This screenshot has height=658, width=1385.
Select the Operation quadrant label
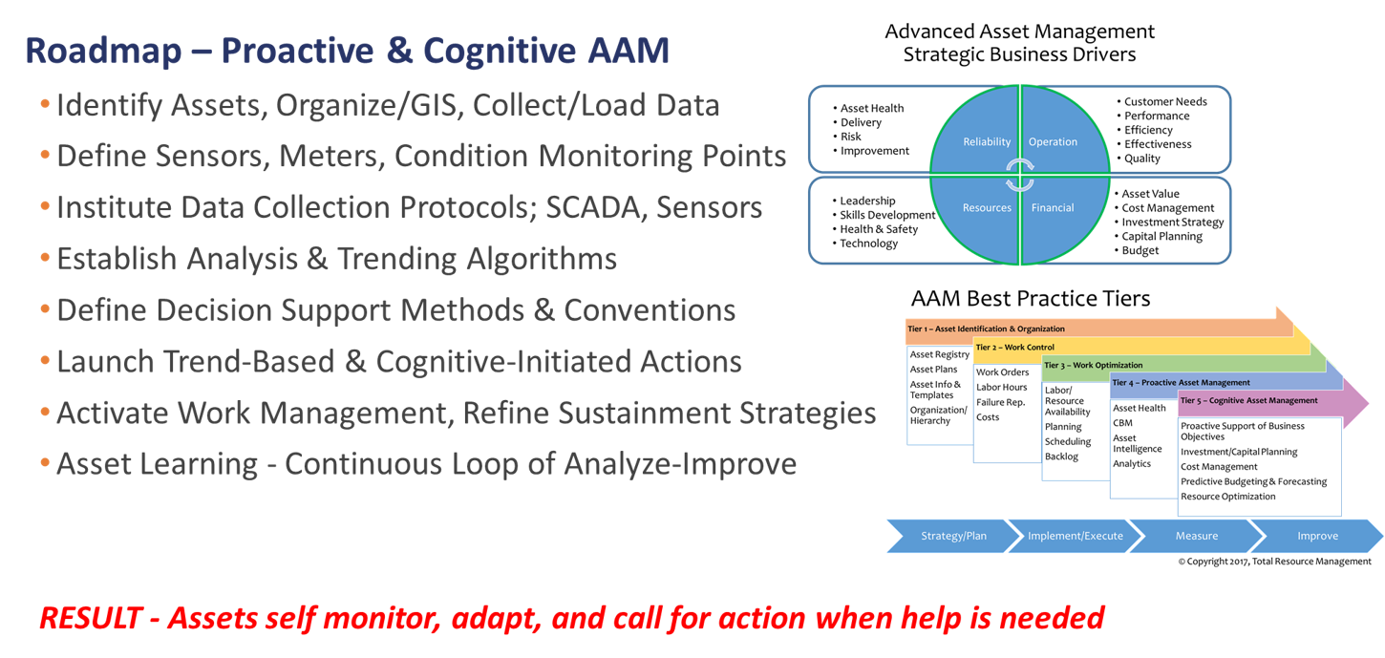click(1053, 142)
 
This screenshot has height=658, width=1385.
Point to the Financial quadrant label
click(1053, 208)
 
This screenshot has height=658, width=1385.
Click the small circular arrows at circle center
click(1019, 175)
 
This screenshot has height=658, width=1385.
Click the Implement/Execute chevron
click(1075, 536)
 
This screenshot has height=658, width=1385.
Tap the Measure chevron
click(1196, 536)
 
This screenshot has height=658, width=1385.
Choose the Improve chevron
click(1317, 536)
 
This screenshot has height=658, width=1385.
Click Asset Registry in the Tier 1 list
click(940, 354)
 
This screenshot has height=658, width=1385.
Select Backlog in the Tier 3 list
click(1061, 456)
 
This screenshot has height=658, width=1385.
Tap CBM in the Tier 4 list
click(1122, 422)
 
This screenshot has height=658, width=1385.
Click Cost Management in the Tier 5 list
click(1219, 467)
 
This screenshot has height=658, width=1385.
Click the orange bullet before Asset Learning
click(45, 464)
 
